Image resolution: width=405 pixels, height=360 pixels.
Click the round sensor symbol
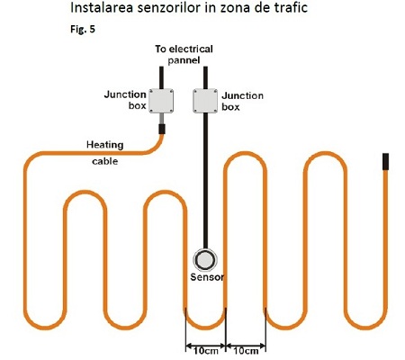click(x=205, y=259)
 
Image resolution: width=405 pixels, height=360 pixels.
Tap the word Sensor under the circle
click(x=207, y=277)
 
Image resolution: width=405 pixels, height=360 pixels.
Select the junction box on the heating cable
click(x=161, y=101)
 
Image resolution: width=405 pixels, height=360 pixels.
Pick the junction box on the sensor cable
click(x=205, y=101)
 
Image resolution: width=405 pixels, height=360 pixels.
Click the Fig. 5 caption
click(x=83, y=29)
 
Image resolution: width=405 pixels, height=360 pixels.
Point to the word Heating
click(x=104, y=145)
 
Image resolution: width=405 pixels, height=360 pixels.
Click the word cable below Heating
click(x=104, y=161)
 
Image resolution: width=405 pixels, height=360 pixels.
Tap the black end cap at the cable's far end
click(x=385, y=161)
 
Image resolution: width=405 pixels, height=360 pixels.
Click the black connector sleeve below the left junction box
click(x=162, y=129)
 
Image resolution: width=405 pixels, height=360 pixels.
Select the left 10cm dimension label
click(x=205, y=351)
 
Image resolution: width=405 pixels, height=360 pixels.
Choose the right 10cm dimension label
click(x=246, y=351)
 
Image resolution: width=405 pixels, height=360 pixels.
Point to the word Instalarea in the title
click(x=102, y=8)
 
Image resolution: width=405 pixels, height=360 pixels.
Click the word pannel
click(x=184, y=60)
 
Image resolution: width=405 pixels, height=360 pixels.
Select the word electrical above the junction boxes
click(x=192, y=49)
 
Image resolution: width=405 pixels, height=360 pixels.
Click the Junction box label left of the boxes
click(x=125, y=100)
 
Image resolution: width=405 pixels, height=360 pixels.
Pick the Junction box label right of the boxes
click(x=242, y=101)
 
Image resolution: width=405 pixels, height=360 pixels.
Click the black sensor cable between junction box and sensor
click(x=205, y=181)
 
